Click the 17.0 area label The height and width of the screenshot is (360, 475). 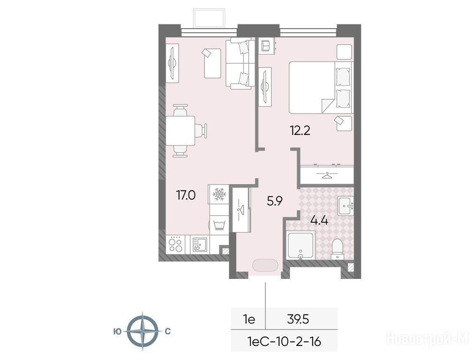(x=186, y=195)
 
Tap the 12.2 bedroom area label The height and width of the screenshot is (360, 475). (x=300, y=130)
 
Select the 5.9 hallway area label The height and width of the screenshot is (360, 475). (x=274, y=201)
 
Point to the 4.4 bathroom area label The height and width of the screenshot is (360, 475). (x=319, y=220)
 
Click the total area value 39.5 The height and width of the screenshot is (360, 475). (x=298, y=319)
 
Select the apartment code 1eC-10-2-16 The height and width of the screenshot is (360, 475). (x=284, y=342)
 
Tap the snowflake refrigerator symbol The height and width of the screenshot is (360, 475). (x=218, y=194)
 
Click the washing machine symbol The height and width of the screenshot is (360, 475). (x=219, y=225)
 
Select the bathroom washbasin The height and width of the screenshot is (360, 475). (x=346, y=206)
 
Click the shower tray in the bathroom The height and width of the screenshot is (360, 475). (x=300, y=246)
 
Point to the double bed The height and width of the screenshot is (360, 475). (x=321, y=88)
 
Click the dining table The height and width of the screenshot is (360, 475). (x=180, y=131)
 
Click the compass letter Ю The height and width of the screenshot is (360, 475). (x=118, y=331)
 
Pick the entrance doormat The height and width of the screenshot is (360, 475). (x=265, y=265)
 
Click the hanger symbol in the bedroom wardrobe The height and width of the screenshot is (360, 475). (x=326, y=175)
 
